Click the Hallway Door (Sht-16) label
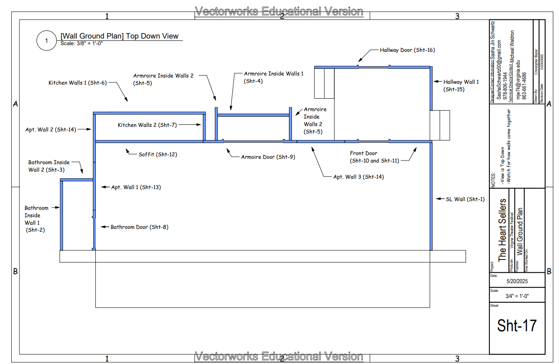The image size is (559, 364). tap(407, 50)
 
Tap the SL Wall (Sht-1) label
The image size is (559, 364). tap(464, 199)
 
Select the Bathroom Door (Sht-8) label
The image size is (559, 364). tap(139, 227)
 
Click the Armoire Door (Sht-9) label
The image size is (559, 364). tap(268, 157)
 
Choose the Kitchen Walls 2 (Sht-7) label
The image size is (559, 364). tap(147, 125)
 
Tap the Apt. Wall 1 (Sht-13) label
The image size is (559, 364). tap(136, 187)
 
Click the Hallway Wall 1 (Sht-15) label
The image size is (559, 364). tap(461, 85)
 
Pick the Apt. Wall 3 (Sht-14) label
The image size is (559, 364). tap(358, 177)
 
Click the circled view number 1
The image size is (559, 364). tap(46, 41)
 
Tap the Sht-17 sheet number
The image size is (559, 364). tap(517, 326)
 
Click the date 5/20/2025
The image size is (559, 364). tap(517, 281)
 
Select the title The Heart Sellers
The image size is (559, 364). tap(502, 230)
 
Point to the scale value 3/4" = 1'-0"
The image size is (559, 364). tap(517, 296)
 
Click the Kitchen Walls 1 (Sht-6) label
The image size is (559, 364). tap(78, 83)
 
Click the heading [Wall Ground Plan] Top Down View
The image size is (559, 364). tap(119, 36)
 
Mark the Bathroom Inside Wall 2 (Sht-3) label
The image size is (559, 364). tap(49, 166)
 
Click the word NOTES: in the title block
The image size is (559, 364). tap(493, 180)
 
